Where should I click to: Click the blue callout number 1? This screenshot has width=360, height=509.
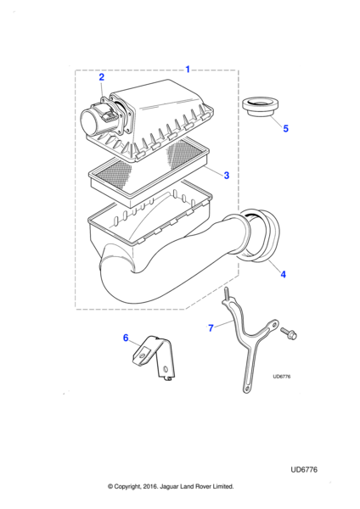coord(188,70)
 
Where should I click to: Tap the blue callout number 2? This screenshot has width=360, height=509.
coord(102,77)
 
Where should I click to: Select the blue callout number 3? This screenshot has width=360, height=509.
coord(227,176)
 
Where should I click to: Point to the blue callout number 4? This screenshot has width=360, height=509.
coord(284,274)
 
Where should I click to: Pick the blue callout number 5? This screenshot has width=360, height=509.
coord(285,129)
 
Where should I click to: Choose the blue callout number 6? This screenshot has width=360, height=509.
coord(126,338)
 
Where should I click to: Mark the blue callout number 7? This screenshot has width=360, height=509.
coord(211,328)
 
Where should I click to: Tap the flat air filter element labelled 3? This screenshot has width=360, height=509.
coord(149,172)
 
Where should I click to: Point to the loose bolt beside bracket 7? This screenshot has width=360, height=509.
coord(289,333)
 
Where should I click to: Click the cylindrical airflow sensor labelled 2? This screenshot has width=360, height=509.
coord(98,121)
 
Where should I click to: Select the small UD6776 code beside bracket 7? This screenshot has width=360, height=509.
coord(282,377)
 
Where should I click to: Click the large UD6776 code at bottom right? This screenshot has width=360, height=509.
coord(304,469)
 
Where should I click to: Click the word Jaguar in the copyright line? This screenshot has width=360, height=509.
coord(170,487)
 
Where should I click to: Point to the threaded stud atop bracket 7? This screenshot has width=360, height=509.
coord(225,294)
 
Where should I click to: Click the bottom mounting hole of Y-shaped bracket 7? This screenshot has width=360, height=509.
coord(247,389)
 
